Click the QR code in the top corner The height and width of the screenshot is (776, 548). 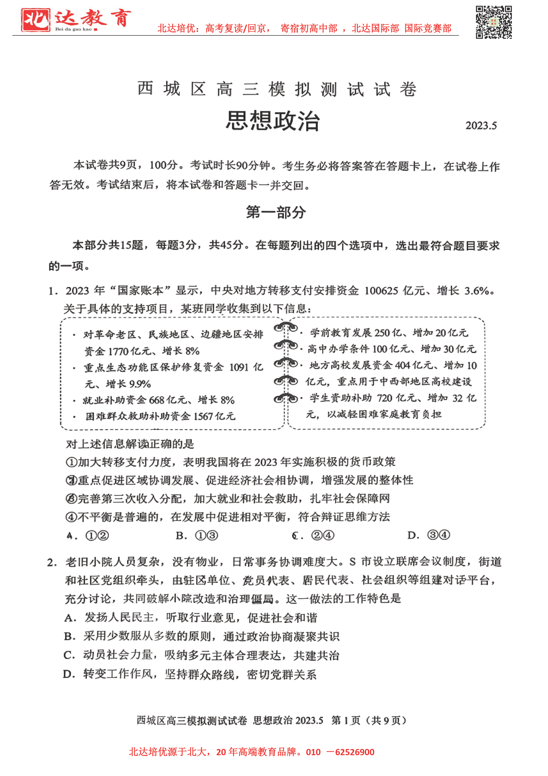click(494, 22)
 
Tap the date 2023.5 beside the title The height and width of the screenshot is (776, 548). click(481, 126)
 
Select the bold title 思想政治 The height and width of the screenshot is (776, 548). click(273, 121)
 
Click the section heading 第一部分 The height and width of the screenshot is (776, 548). click(276, 213)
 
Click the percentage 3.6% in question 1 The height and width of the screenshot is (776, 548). click(476, 291)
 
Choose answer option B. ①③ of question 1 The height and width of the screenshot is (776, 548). click(197, 535)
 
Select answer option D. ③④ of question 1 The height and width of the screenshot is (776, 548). click(428, 535)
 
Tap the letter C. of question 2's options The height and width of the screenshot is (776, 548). click(69, 655)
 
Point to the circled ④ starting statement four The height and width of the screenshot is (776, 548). click(71, 517)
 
